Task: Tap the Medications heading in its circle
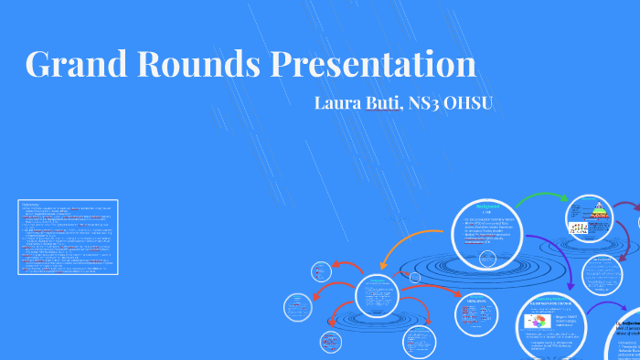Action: point(476,300)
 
